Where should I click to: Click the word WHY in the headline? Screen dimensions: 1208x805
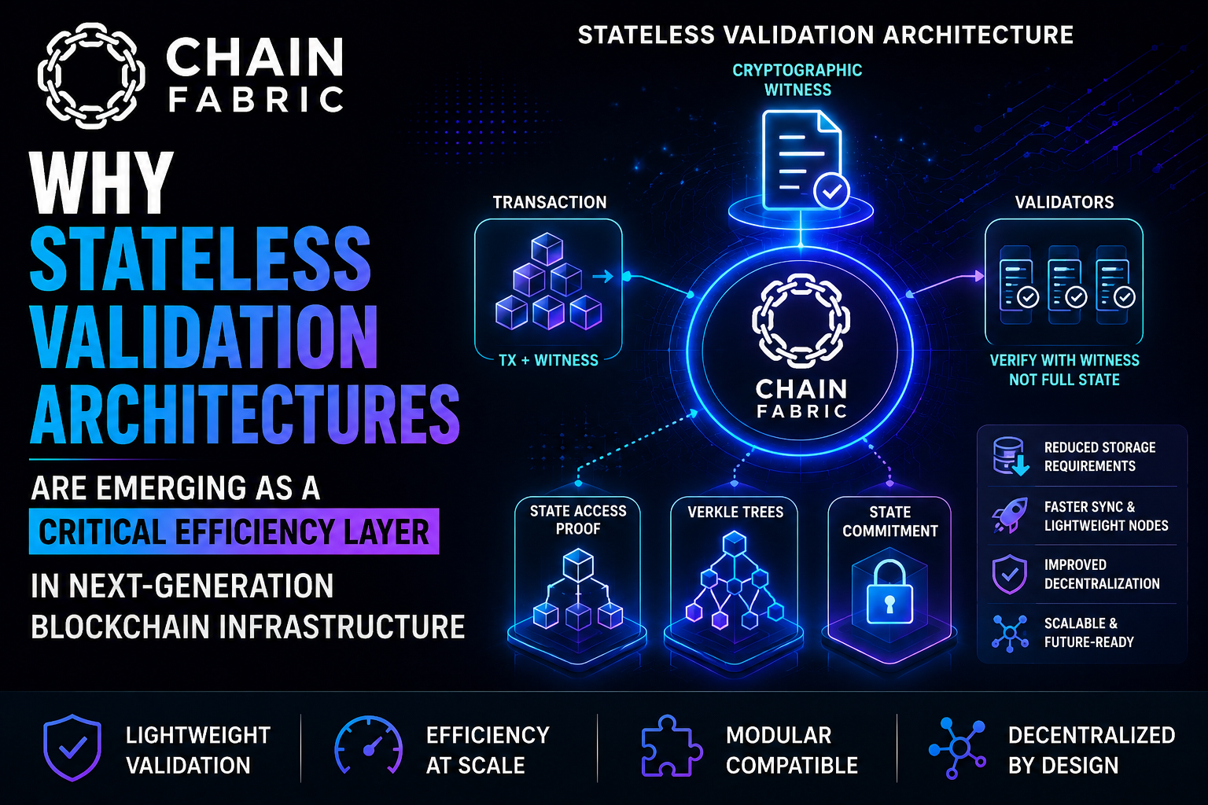tap(101, 183)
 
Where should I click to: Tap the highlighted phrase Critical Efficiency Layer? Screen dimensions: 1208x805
tap(234, 531)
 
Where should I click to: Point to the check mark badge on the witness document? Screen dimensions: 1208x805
tap(831, 191)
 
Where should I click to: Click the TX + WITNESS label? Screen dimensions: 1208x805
tap(548, 360)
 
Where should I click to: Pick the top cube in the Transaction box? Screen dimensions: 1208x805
tap(547, 248)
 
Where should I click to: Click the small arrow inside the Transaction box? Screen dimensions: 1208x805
tap(603, 278)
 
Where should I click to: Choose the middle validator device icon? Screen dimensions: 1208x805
tap(1066, 285)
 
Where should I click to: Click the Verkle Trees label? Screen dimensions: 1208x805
tap(735, 513)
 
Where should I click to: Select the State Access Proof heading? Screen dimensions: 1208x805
tap(578, 520)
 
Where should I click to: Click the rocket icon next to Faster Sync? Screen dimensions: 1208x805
tap(1010, 516)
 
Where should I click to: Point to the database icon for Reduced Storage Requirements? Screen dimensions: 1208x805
tap(1010, 456)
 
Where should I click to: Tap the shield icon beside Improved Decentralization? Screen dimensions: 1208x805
tap(1009, 574)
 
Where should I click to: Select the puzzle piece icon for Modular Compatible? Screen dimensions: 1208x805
tap(672, 746)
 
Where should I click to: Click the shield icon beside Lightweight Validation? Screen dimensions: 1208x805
tap(72, 748)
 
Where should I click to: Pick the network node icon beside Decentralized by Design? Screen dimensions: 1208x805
tap(958, 748)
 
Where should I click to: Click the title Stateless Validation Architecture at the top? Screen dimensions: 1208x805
tap(825, 35)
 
